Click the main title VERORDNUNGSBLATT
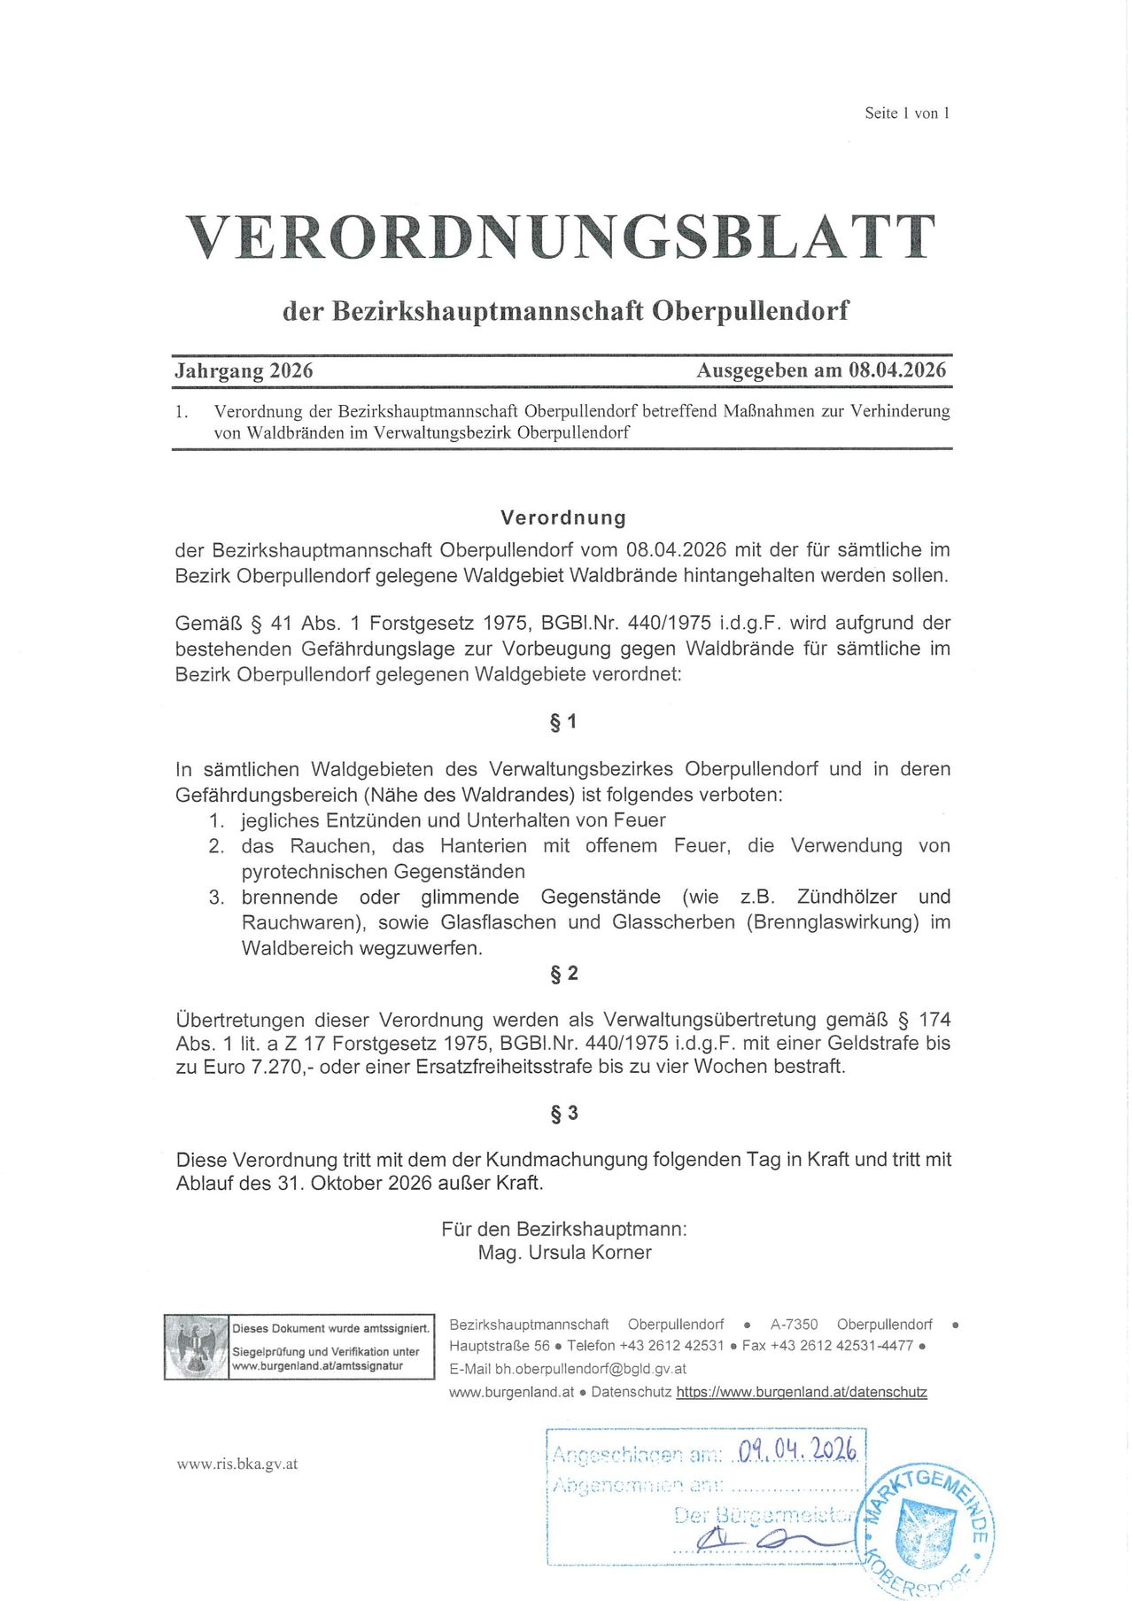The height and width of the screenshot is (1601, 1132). click(x=561, y=237)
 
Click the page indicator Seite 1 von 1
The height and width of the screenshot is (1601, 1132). click(x=906, y=113)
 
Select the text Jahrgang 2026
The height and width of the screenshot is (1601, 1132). click(x=244, y=370)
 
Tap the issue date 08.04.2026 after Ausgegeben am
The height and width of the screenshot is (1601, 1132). click(x=896, y=370)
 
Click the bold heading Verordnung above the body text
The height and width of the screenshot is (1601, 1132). click(x=563, y=517)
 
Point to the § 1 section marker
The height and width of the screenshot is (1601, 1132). click(x=563, y=722)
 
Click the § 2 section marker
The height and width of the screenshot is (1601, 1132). click(x=563, y=974)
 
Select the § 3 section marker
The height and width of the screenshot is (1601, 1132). click(x=563, y=1113)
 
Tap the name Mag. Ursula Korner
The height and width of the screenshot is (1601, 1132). click(x=564, y=1253)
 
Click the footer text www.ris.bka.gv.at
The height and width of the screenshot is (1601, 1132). click(x=236, y=1464)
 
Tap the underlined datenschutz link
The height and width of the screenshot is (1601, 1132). click(x=801, y=1392)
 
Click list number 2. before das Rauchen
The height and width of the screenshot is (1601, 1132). click(x=216, y=846)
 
